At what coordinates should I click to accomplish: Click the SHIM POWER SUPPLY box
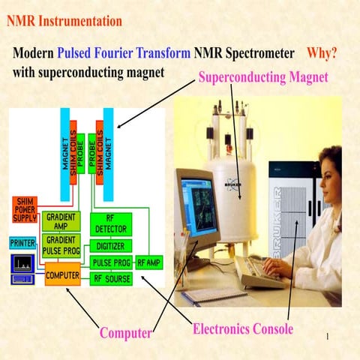click(25, 210)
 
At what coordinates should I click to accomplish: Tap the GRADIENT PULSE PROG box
click(61, 243)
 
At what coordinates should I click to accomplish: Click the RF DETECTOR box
click(110, 223)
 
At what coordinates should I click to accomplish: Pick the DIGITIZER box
click(111, 246)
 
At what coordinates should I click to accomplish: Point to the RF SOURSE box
click(111, 279)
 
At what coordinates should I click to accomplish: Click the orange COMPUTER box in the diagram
click(63, 274)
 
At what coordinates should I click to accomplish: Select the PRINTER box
click(22, 243)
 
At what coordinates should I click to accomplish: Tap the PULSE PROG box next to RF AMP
click(111, 262)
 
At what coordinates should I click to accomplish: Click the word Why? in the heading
click(321, 54)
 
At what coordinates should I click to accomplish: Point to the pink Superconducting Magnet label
click(262, 77)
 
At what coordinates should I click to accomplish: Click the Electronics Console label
click(242, 328)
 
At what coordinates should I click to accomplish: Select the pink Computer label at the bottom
click(126, 332)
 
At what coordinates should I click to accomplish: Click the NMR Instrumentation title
click(64, 21)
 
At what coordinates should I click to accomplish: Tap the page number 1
click(328, 337)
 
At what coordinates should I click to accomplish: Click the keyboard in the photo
click(259, 274)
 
